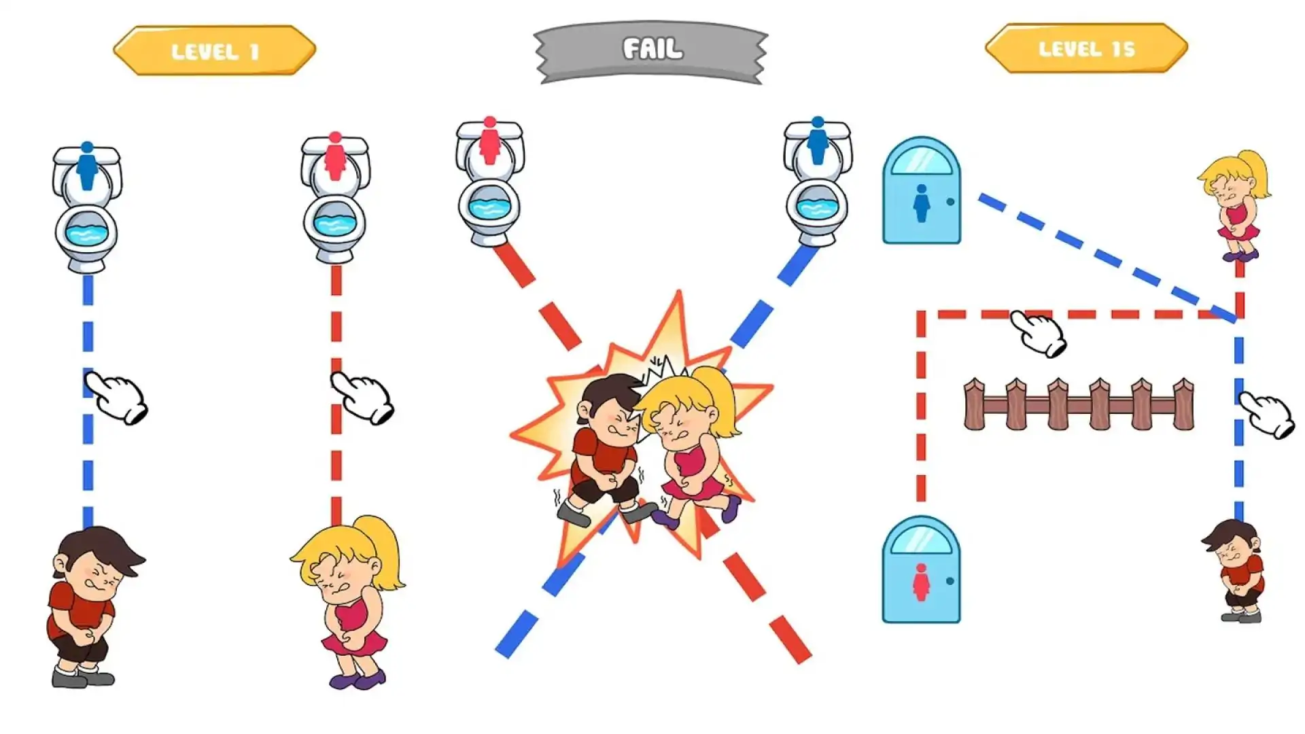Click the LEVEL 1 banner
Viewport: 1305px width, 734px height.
click(215, 50)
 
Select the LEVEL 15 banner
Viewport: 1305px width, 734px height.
click(1086, 48)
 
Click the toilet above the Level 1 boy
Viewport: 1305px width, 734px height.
click(87, 207)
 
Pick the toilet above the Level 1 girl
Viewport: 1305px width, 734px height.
click(335, 198)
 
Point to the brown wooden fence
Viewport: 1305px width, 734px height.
click(1079, 404)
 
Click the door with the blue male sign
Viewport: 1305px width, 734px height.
click(922, 190)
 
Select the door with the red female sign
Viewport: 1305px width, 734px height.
click(922, 570)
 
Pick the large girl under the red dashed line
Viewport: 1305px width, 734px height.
click(350, 602)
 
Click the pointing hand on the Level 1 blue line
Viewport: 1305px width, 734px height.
click(116, 397)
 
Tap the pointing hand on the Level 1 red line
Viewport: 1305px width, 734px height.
click(362, 397)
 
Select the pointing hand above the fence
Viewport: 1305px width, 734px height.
click(1039, 333)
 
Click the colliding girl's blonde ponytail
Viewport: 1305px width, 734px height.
click(717, 401)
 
